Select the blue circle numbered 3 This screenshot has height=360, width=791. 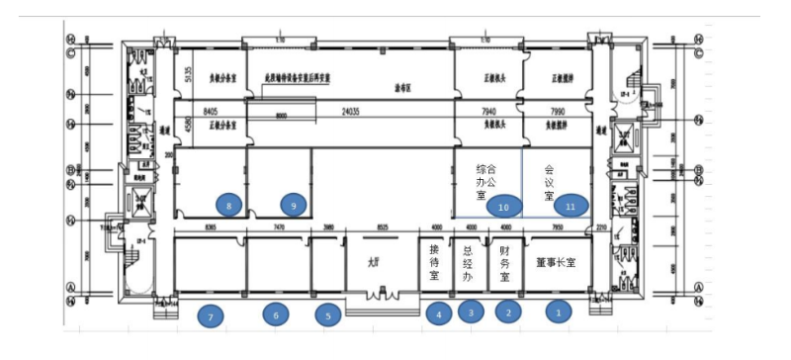coord(471,313)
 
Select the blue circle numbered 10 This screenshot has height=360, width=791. coord(504,206)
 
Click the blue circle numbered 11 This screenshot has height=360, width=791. coord(570,206)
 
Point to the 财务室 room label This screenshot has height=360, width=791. coord(504,264)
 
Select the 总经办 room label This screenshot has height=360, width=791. coord(470,264)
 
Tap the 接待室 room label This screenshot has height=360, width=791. coord(433,264)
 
